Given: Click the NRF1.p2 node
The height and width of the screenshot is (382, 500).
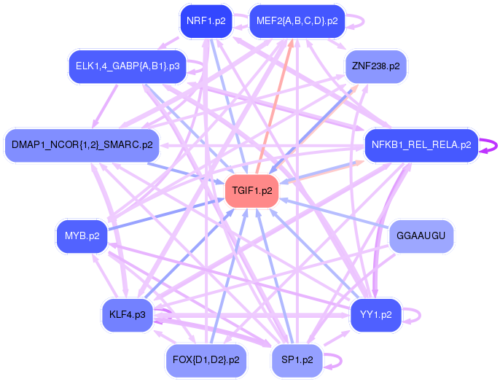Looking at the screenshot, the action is point(206,21).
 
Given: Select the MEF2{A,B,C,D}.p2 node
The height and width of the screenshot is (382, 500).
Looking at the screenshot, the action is point(297,21).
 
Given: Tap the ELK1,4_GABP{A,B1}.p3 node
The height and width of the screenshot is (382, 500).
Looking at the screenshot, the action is point(128,66).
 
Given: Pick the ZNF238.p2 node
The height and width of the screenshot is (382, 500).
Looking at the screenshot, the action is point(375,66).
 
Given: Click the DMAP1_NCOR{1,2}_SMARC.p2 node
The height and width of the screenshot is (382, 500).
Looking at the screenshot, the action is point(82,145).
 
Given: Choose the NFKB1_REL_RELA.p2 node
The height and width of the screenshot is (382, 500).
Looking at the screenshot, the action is point(421,145).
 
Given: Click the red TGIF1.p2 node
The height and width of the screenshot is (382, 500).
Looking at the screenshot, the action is point(252,191).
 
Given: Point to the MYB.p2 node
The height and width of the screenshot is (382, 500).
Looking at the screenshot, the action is point(82,236).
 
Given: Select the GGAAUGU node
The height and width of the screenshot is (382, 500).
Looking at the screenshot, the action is point(421,236).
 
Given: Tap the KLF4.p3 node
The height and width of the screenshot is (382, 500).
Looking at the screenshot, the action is point(128,315).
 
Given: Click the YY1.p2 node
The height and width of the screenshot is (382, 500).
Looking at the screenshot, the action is point(375,315).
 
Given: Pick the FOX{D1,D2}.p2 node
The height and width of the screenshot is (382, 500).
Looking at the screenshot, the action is point(206,360).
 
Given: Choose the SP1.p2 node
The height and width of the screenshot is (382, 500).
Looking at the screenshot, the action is point(297,360).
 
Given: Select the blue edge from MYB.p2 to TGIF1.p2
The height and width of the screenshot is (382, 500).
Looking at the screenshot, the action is point(166,214).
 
